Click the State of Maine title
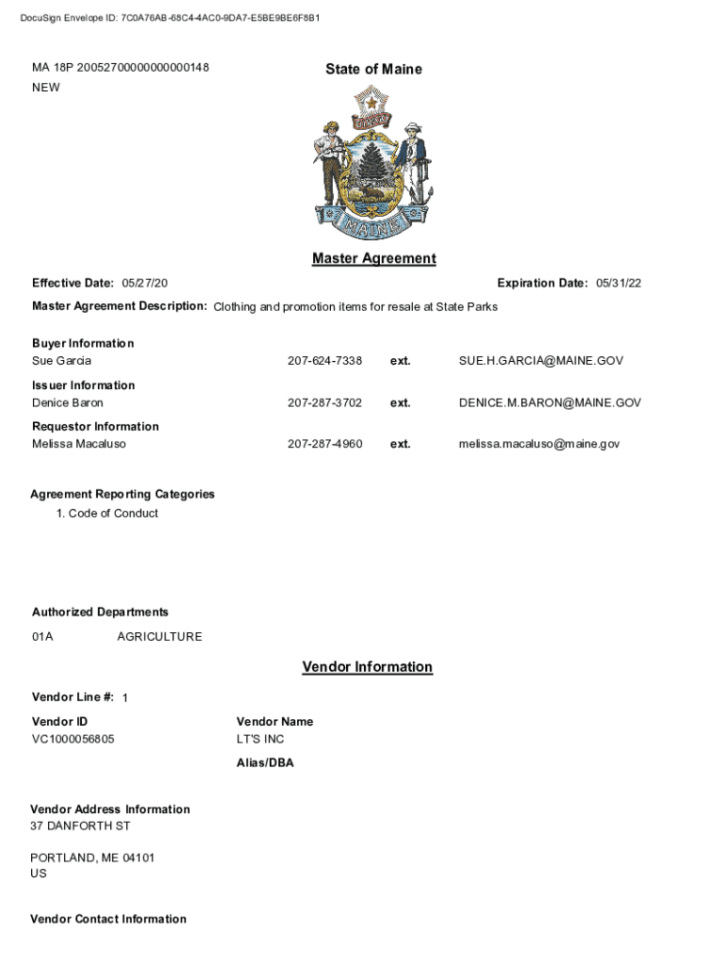tap(373, 69)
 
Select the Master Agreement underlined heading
tap(373, 258)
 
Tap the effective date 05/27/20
tap(145, 284)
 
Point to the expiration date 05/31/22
tap(619, 284)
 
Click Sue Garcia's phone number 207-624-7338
tap(324, 361)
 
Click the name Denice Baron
tap(68, 402)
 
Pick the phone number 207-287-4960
tap(324, 444)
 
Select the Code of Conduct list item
tap(112, 514)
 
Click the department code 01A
tap(42, 637)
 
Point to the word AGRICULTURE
tap(159, 637)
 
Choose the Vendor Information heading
tap(367, 667)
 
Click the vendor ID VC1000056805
tap(74, 739)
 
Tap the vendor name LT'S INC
tap(260, 739)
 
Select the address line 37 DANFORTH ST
tap(80, 826)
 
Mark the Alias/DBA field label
tap(265, 763)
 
